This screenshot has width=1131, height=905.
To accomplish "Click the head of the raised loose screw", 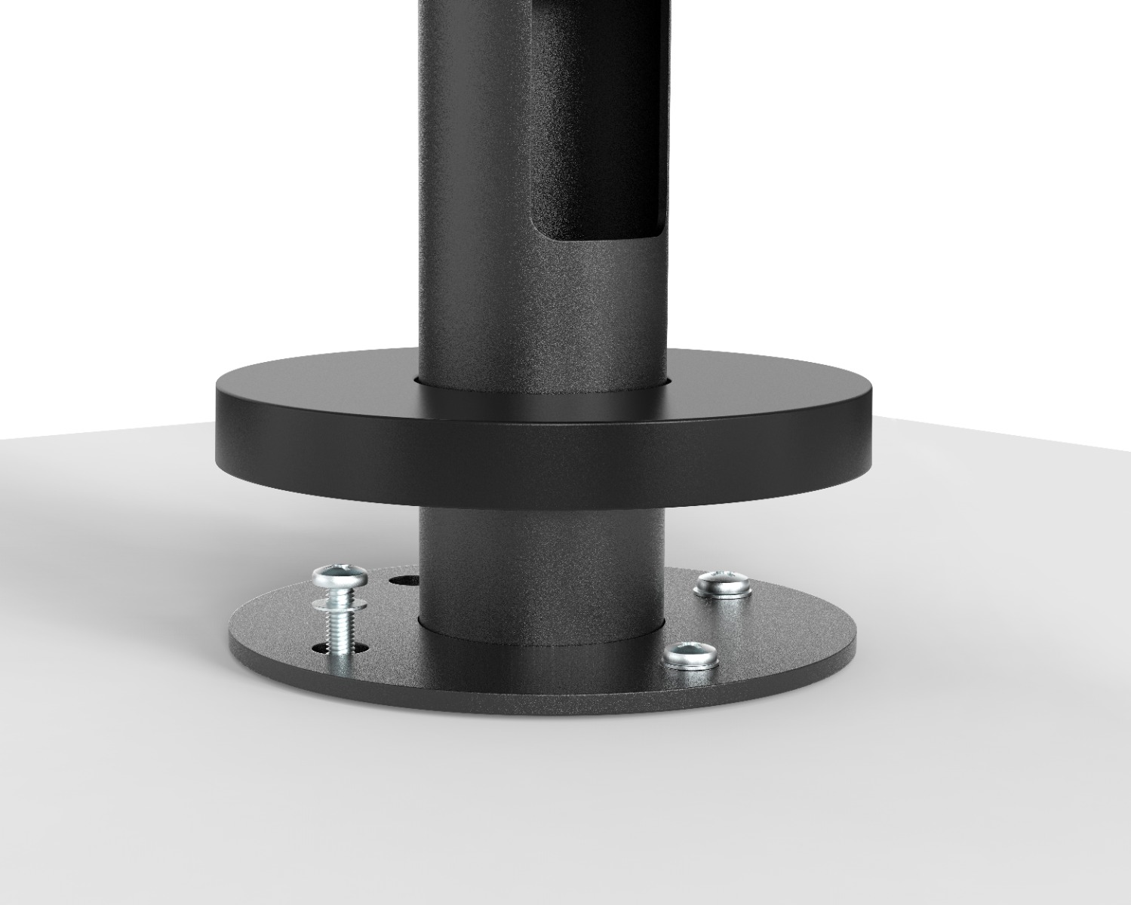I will tap(341, 576).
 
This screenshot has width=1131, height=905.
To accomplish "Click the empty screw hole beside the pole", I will tap(404, 581).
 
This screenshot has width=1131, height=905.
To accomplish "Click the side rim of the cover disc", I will tap(543, 460).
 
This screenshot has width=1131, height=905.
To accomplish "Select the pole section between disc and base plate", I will tap(542, 558).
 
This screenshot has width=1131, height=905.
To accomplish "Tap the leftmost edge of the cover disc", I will tap(217, 422).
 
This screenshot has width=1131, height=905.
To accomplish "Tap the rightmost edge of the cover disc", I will tap(872, 422).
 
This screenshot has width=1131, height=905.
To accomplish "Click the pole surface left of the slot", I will tap(475, 189).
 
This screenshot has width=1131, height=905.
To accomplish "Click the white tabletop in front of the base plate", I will tap(543, 799).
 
